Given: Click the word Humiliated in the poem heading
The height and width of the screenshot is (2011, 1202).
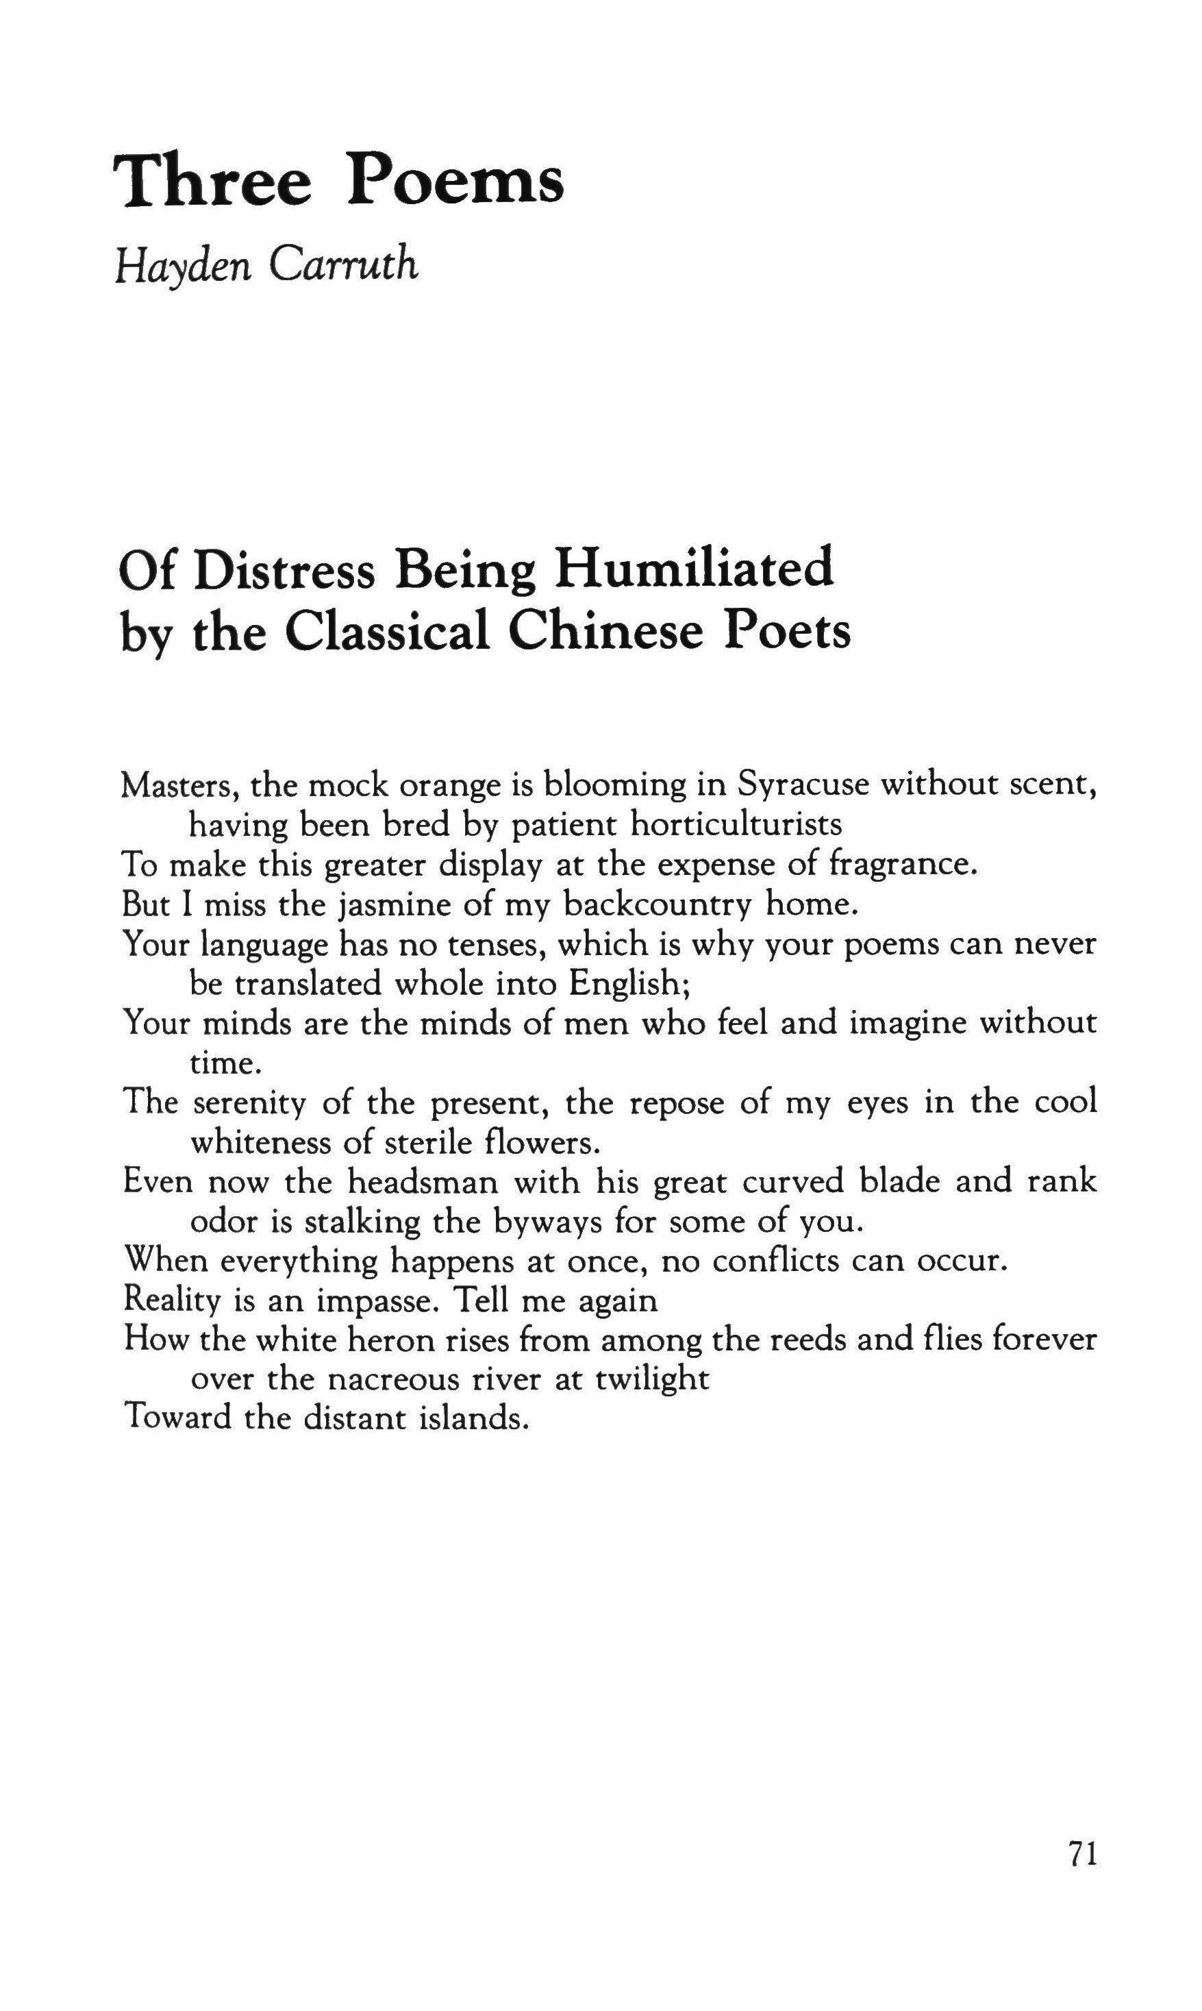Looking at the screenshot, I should (693, 569).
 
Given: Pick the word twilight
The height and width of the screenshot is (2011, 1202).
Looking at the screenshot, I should (652, 1380).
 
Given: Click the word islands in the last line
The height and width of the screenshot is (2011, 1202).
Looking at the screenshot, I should (475, 1419).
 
